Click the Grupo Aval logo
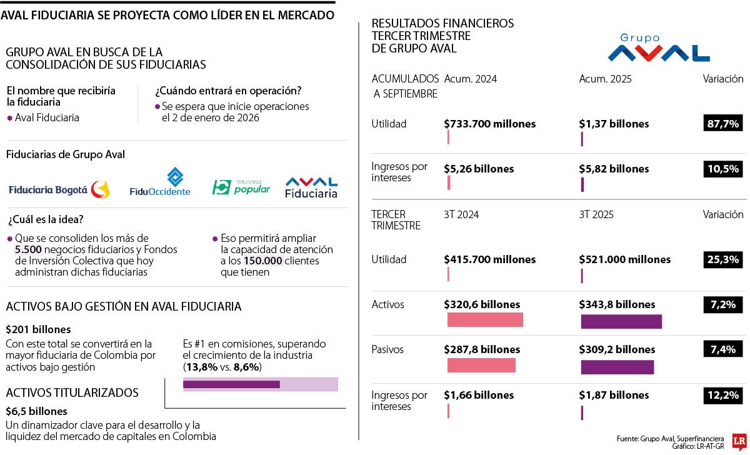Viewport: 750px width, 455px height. click(658, 48)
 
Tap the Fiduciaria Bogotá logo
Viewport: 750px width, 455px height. click(59, 189)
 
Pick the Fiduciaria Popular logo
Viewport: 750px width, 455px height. click(241, 186)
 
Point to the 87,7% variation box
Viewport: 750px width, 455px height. click(723, 124)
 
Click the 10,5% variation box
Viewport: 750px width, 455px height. click(723, 169)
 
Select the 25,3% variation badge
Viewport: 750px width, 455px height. click(723, 259)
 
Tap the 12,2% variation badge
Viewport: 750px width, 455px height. click(723, 395)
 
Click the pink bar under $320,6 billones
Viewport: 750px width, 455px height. click(485, 320)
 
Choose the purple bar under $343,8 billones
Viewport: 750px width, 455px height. click(621, 321)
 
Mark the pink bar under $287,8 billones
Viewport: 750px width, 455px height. click(481, 366)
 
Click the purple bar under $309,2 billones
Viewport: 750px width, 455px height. click(617, 367)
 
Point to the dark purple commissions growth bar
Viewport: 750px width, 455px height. click(231, 384)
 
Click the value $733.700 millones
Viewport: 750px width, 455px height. click(489, 124)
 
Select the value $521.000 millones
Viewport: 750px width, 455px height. click(624, 259)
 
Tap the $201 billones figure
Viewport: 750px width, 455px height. click(38, 329)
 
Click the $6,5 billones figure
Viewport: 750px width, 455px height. click(36, 411)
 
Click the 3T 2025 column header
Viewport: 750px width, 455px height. click(596, 214)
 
